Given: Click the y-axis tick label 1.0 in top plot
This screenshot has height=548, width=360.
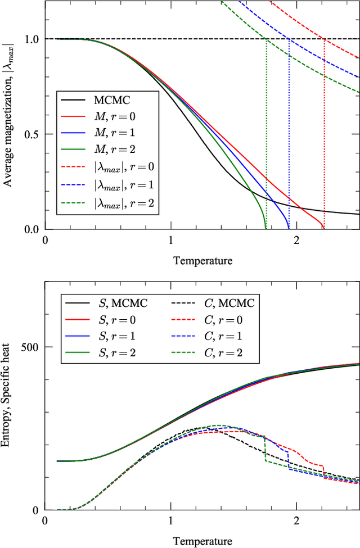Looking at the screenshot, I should click(31, 39).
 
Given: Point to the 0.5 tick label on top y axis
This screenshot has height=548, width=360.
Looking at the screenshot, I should click(31, 134).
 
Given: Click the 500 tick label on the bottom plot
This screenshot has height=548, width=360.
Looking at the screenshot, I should click(30, 347).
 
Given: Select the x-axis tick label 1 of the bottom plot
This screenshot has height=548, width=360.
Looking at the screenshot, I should click(170, 519).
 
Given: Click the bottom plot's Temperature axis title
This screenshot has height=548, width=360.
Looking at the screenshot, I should click(202, 541).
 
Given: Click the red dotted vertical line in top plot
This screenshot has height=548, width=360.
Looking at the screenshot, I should click(325, 141).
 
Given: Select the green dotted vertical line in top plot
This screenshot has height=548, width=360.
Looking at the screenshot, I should click(265, 141).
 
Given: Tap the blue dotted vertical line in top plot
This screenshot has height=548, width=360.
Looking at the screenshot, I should click(289, 141).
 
